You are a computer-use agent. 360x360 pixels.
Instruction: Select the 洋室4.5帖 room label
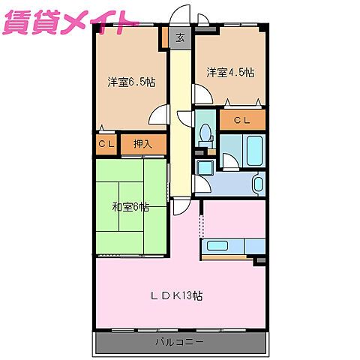[x=230, y=73]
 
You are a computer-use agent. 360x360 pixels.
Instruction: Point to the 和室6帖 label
[x=130, y=207]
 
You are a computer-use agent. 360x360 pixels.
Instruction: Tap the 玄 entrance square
[x=180, y=37]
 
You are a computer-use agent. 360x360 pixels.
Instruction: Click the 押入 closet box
[x=142, y=144]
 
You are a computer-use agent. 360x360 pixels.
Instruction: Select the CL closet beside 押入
[x=105, y=144]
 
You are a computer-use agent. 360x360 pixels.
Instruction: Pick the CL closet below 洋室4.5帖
[x=241, y=120]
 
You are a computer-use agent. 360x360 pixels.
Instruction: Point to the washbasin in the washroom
[x=258, y=183]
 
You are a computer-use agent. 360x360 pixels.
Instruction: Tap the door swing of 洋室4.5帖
[x=200, y=94]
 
